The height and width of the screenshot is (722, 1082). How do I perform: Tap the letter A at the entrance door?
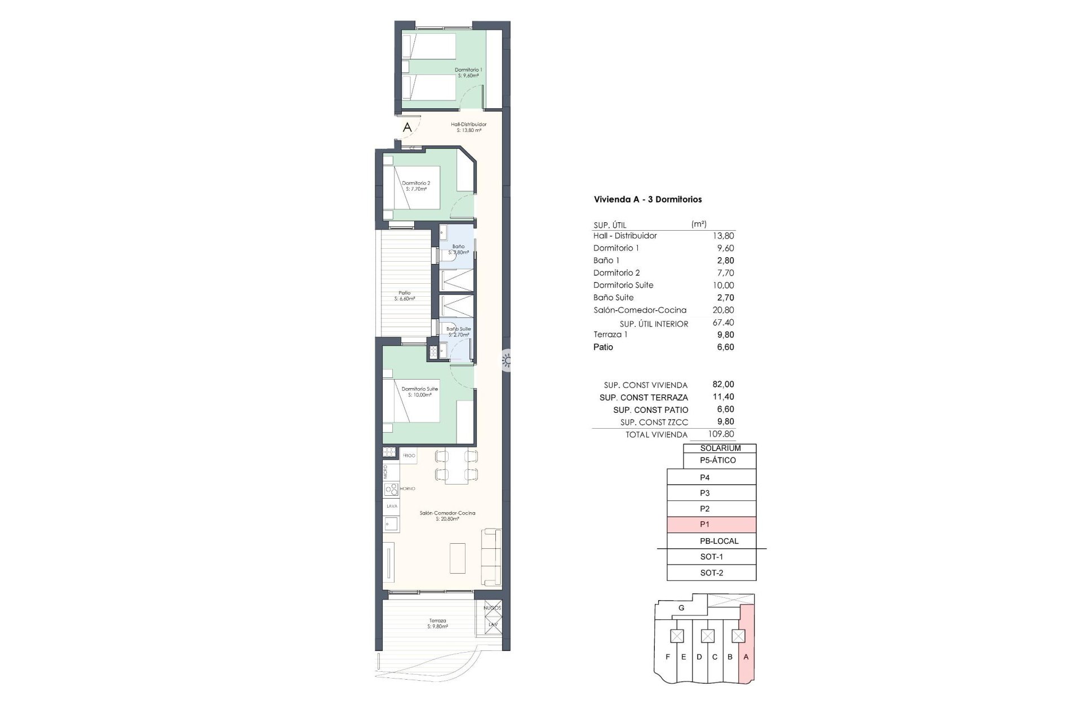[x=407, y=128]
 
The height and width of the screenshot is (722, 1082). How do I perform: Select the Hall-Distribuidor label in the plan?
[x=468, y=125]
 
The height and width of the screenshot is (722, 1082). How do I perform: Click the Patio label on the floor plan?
[x=405, y=293]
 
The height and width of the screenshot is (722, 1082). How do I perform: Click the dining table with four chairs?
[x=456, y=466]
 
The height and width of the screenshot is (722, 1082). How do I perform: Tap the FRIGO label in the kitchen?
[x=409, y=455]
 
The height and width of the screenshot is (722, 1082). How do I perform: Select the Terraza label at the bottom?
[x=437, y=621]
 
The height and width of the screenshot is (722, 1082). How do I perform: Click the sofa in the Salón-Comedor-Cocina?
[x=491, y=557]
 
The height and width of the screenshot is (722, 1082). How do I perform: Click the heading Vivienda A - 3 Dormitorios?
[x=648, y=199]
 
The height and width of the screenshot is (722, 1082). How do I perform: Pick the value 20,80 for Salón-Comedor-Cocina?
[x=723, y=310]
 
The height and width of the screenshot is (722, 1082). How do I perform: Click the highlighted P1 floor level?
[x=711, y=525]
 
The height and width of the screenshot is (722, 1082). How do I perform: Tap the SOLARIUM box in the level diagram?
[x=720, y=448]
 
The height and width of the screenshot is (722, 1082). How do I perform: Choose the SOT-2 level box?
[x=711, y=573]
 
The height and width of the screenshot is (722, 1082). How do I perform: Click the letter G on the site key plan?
[x=681, y=608]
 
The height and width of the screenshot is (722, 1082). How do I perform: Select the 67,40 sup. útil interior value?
[x=723, y=323]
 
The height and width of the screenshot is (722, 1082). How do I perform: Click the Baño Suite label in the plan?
[x=458, y=329]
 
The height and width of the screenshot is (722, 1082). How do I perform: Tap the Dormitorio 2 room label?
[x=416, y=183]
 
